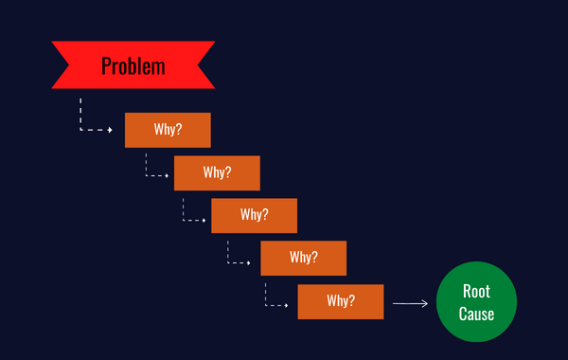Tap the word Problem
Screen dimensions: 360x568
133,66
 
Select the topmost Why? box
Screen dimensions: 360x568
168,130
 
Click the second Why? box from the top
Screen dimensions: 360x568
217,172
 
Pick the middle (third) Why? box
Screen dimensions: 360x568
254,215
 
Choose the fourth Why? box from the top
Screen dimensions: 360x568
303,258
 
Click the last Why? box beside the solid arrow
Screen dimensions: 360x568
340,301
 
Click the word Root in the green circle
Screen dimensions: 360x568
476,292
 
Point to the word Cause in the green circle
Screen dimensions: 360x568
476,314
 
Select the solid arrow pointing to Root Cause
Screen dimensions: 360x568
410,303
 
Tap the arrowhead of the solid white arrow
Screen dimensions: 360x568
426,303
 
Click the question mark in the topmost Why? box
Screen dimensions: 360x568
179,130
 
